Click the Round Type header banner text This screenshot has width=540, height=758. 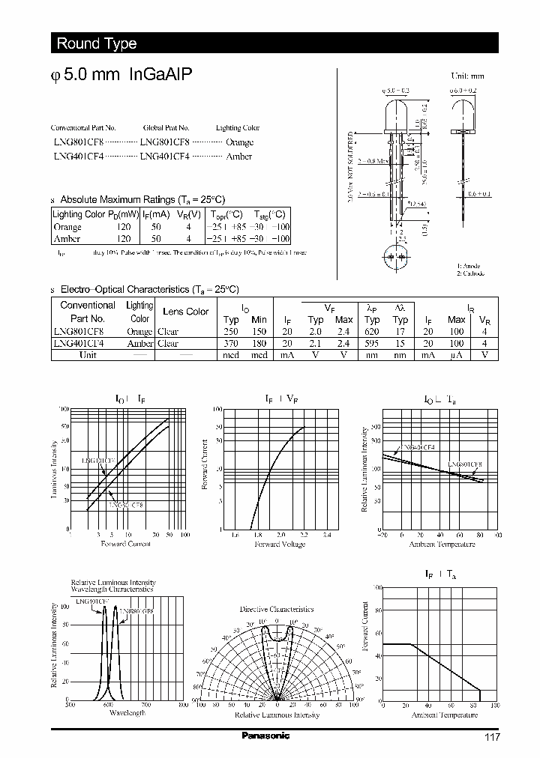[97, 43]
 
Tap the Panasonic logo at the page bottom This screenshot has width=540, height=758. [265, 736]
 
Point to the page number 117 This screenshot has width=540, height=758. [491, 737]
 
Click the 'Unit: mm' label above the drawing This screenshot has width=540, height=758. [466, 76]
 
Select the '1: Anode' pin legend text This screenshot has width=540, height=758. [469, 266]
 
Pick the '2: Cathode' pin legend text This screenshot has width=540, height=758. [472, 274]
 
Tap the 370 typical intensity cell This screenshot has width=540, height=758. [231, 343]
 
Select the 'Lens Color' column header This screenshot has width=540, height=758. [186, 312]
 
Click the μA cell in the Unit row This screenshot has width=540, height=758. [456, 355]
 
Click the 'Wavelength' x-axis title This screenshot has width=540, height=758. [127, 712]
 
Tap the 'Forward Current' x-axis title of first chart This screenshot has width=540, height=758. [126, 544]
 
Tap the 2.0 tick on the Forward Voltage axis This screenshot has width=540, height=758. [280, 536]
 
